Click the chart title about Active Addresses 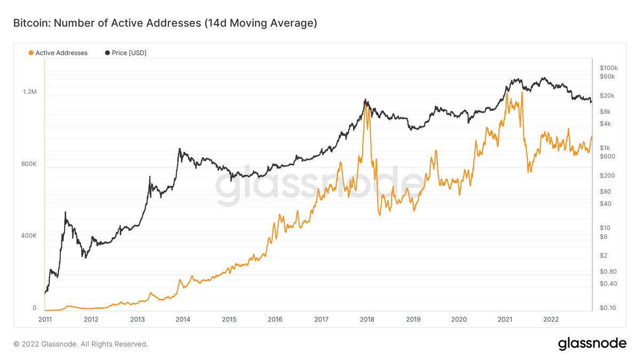click(165, 23)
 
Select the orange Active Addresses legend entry click(58, 53)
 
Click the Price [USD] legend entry click(125, 53)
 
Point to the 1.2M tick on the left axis click(29, 92)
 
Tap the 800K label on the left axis click(29, 164)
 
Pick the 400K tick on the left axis click(29, 236)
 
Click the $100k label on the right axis click(609, 68)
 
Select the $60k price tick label click(607, 76)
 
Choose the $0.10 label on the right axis click(607, 308)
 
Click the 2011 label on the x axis click(45, 319)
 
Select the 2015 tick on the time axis click(229, 319)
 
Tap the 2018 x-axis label click(367, 319)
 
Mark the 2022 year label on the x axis click(551, 319)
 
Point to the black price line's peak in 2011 click(65, 212)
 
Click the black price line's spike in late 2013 click(180, 149)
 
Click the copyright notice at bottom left click(80, 344)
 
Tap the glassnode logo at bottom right click(592, 344)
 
